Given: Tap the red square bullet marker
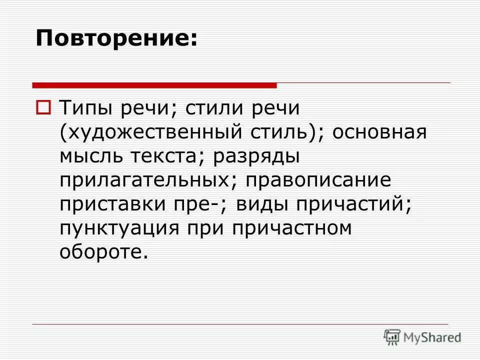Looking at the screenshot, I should [43, 107].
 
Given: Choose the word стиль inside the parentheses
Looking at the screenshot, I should [282, 132].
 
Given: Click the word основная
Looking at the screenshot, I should [379, 132].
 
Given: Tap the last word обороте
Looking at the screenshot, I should [104, 251].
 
